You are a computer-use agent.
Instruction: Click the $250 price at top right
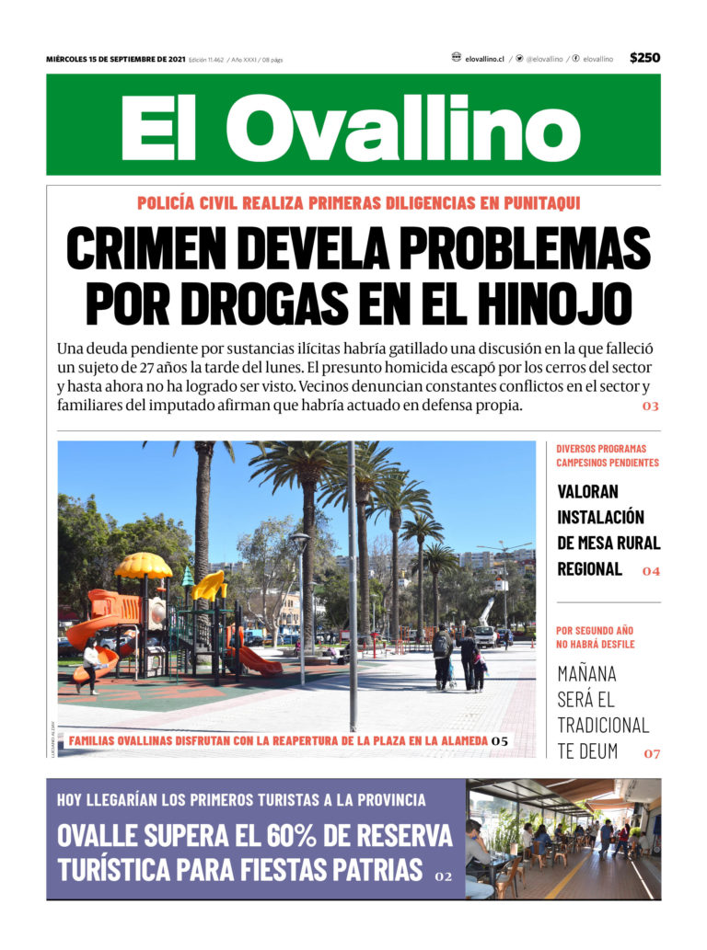pos(644,58)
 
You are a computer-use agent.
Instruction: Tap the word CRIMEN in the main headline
pos(144,248)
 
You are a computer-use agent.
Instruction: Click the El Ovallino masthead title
pos(351,126)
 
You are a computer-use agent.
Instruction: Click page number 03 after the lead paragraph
pos(651,406)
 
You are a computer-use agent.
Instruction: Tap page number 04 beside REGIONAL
pos(651,571)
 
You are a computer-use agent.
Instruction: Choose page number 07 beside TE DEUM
pos(652,754)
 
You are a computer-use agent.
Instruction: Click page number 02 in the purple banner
pos(444,876)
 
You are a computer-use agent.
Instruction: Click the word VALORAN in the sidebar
pos(588,492)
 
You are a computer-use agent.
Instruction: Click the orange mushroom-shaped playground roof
pos(144,565)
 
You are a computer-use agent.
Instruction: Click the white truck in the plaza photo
pos(484,635)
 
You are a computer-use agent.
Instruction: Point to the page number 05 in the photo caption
pos(500,740)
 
